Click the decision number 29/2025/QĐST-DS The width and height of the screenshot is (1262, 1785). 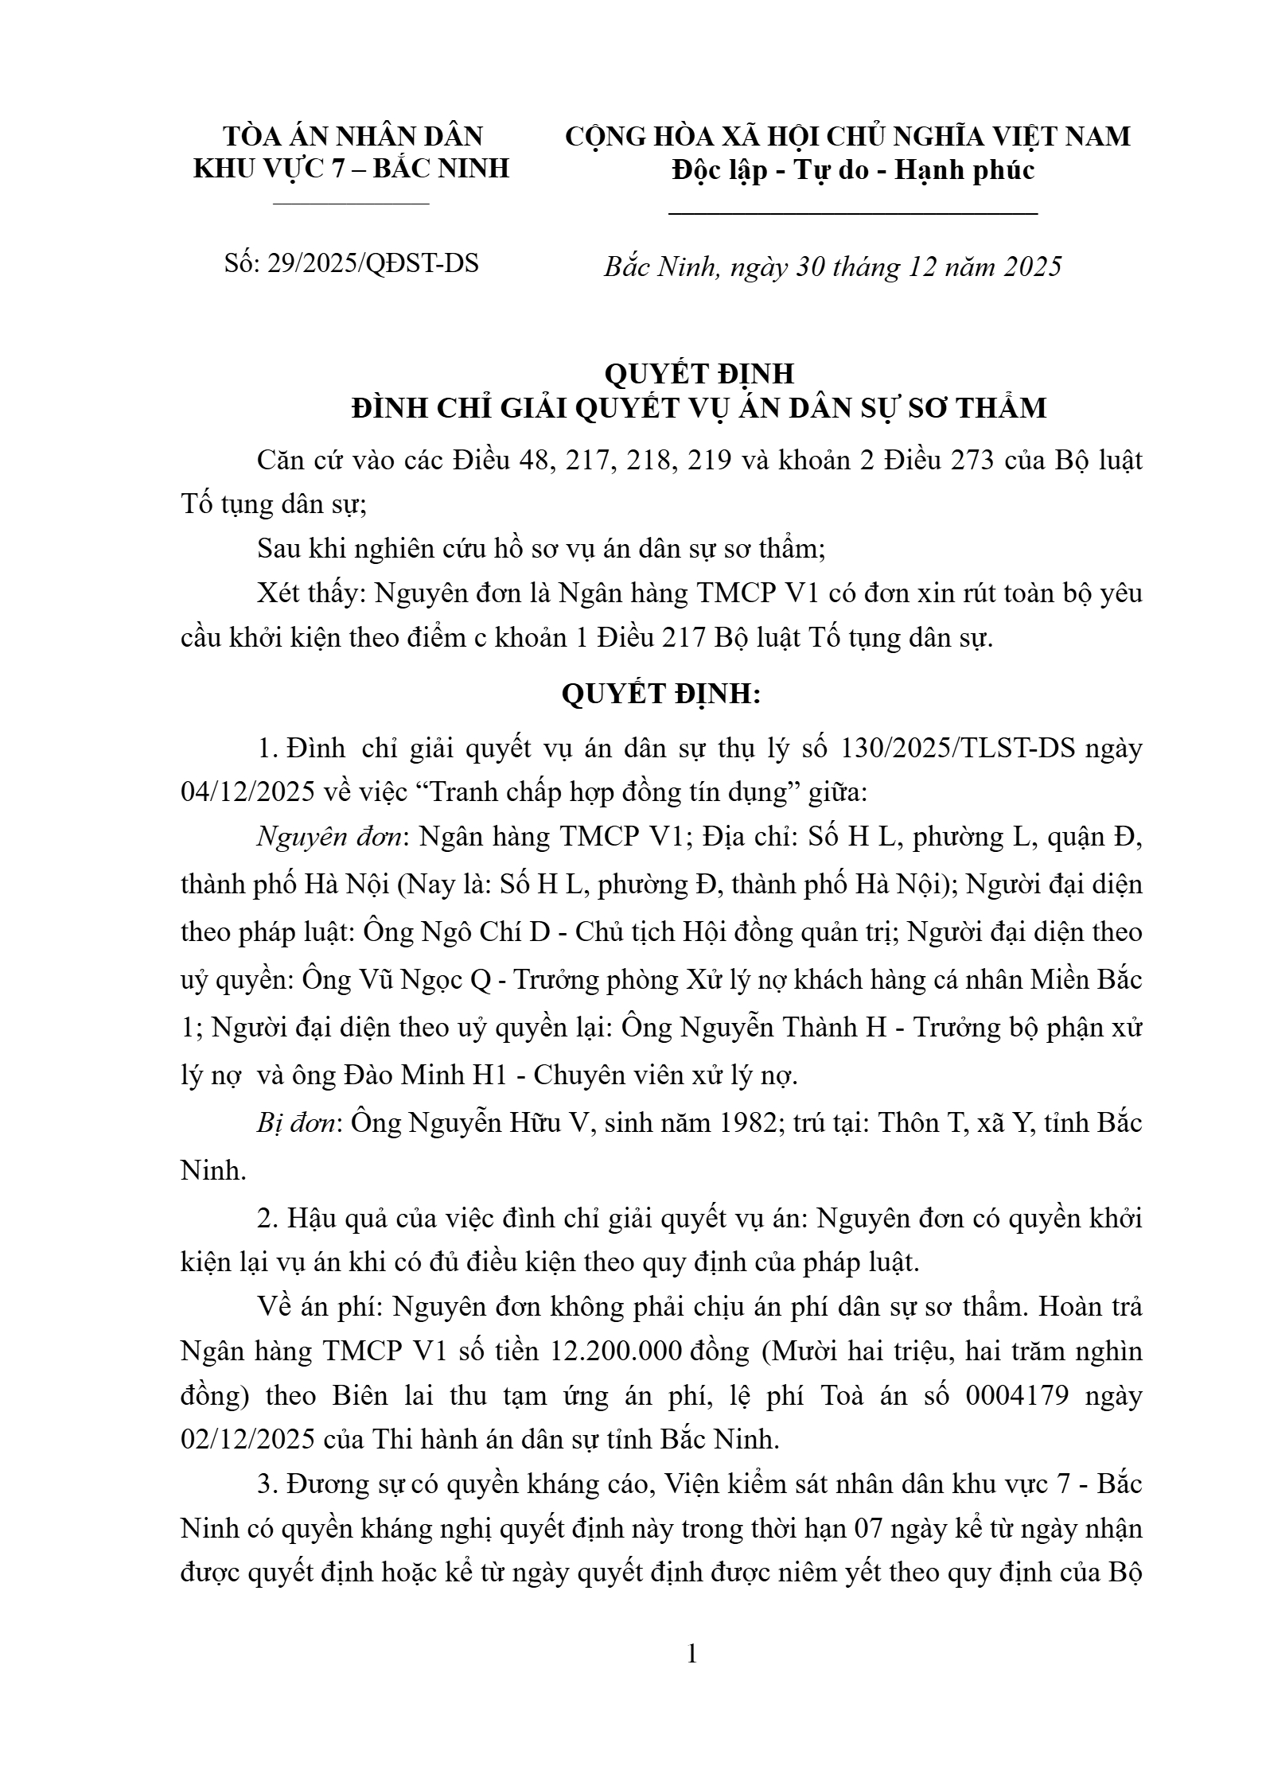pos(372,263)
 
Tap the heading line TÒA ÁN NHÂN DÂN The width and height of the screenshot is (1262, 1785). pos(353,136)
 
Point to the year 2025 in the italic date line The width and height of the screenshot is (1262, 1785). pos(1032,266)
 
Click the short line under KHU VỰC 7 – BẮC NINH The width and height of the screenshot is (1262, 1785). pos(351,204)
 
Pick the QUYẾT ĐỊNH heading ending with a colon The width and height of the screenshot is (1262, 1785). pos(661,694)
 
